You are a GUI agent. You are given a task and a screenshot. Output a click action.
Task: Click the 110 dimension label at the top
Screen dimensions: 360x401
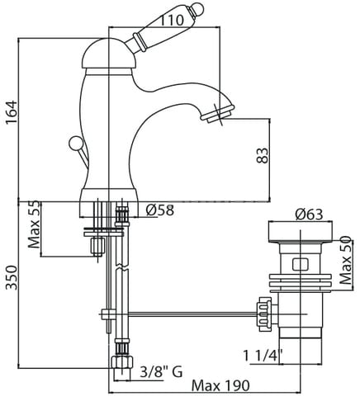pos(171,20)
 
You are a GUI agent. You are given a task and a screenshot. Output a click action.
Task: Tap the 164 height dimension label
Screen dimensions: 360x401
pos(12,113)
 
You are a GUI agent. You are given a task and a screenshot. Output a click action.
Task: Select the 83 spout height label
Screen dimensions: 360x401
pos(263,156)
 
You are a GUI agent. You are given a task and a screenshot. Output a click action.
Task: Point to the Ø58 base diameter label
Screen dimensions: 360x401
pos(160,210)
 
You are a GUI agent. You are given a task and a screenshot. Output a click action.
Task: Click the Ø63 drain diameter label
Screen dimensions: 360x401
pos(309,215)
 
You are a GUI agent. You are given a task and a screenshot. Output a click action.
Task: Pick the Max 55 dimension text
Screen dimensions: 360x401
pos(34,224)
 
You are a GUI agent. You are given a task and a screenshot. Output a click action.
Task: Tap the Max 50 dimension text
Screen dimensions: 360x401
pos(346,261)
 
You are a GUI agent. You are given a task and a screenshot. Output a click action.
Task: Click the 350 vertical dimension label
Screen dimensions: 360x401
pos(12,278)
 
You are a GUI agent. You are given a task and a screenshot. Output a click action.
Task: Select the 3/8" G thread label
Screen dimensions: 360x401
pos(161,372)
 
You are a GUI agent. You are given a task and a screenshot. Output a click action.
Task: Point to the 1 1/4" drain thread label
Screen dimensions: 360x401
pos(263,356)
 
